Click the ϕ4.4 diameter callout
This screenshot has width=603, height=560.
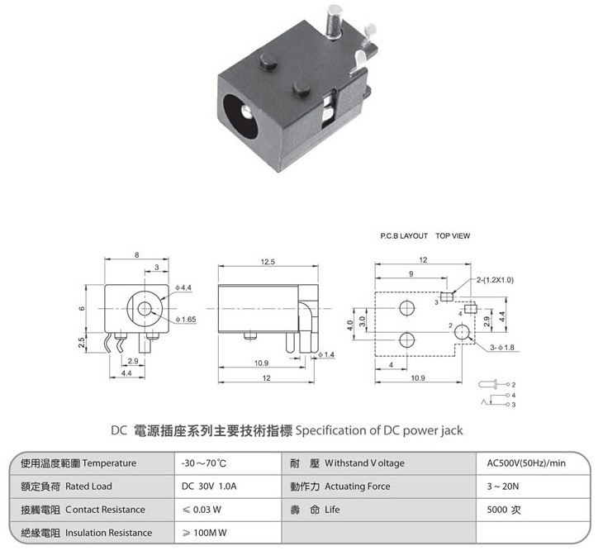pos(183,287)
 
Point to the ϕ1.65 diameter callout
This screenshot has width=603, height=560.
pos(186,320)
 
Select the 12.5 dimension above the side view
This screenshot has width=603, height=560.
pos(268,262)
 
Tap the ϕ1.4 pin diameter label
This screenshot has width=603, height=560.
pos(326,354)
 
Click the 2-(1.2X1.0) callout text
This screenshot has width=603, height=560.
pos(495,280)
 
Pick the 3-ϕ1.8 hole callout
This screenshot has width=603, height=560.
pos(502,348)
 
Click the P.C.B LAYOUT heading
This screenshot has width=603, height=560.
pos(404,235)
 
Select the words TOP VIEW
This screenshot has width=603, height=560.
pos(453,235)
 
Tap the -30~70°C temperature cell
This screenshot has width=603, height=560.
pos(204,463)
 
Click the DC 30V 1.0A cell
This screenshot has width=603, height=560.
pos(209,486)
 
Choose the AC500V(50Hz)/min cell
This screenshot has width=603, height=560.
pos(526,463)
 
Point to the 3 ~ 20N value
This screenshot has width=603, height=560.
pos(502,486)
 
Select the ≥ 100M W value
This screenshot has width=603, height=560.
pos(205,533)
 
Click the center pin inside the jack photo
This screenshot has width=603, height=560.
pos(245,112)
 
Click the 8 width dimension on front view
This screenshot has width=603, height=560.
pos(137,255)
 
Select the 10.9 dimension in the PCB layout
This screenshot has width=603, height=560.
pos(418,378)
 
